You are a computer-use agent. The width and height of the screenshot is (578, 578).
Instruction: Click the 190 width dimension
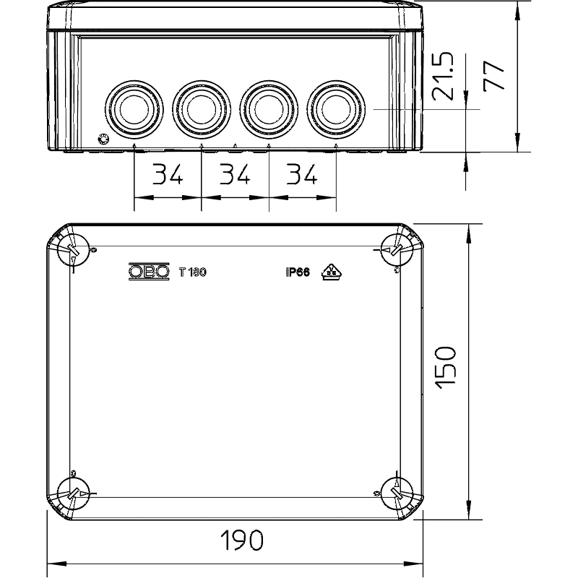(x=242, y=540)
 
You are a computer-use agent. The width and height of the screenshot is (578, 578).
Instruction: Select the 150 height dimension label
(x=446, y=368)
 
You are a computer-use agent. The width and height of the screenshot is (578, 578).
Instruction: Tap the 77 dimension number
(x=493, y=76)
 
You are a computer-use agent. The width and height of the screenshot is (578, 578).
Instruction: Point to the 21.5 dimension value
(x=443, y=76)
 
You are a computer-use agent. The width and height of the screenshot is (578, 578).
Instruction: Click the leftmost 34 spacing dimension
(x=168, y=174)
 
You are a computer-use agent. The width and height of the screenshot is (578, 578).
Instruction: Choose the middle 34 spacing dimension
(x=235, y=174)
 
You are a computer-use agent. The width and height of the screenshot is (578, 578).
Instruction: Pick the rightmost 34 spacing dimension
(x=302, y=174)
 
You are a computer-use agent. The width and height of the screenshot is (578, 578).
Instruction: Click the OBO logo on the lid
(x=149, y=272)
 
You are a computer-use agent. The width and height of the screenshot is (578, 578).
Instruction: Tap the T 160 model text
(x=192, y=272)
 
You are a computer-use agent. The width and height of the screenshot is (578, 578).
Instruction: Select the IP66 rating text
(x=298, y=272)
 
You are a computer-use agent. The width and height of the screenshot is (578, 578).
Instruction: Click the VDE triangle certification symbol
(x=332, y=272)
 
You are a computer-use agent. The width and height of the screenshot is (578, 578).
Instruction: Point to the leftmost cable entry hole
(x=134, y=110)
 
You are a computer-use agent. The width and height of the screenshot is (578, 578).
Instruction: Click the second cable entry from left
(x=202, y=110)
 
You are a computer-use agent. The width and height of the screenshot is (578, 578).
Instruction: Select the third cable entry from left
(x=269, y=110)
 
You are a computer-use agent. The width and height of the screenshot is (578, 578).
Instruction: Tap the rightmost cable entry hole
(x=336, y=110)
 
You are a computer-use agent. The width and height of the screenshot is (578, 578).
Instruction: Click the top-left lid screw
(x=74, y=250)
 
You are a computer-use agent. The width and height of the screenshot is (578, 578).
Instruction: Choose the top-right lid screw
(x=397, y=250)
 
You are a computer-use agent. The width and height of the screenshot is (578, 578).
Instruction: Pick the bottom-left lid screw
(x=74, y=493)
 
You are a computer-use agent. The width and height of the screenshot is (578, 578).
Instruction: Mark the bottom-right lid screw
(x=397, y=493)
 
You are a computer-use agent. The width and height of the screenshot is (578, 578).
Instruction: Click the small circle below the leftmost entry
(x=103, y=139)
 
